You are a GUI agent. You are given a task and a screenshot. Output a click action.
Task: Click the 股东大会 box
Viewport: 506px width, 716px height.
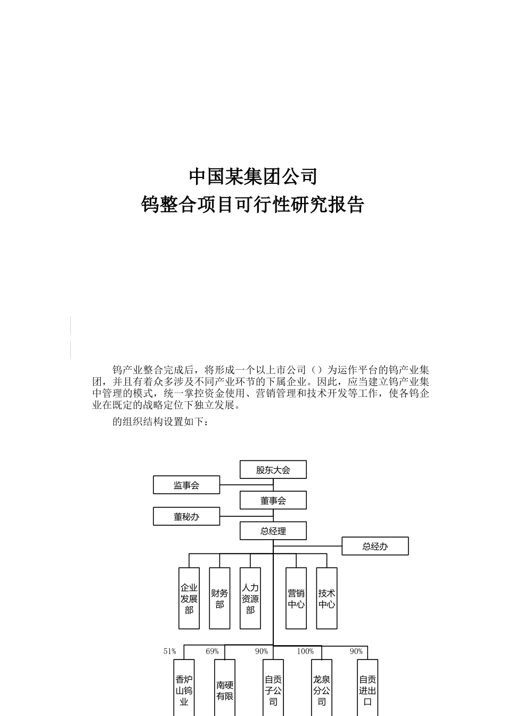(x=273, y=470)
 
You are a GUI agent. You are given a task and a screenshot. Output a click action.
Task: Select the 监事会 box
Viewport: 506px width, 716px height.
(x=186, y=485)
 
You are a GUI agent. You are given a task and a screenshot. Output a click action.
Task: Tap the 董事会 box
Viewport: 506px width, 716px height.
(x=273, y=500)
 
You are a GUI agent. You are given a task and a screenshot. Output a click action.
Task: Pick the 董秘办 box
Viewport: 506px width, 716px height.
(x=186, y=516)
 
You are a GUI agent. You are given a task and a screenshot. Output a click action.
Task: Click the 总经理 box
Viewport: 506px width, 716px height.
(x=273, y=531)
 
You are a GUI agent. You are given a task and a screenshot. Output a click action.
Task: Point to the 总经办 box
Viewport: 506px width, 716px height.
(x=375, y=546)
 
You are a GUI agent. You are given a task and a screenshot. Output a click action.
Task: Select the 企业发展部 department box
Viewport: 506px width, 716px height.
(x=189, y=598)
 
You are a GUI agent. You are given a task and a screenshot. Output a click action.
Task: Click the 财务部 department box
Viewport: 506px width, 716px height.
(x=220, y=598)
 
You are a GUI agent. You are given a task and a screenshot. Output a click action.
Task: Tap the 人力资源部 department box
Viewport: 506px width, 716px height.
(x=250, y=598)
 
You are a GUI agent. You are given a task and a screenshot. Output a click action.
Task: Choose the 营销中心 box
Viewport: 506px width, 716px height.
(x=296, y=598)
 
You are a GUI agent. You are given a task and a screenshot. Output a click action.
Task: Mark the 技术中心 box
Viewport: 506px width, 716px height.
(x=327, y=598)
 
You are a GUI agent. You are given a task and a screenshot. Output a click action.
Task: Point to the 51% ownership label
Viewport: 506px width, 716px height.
(x=170, y=652)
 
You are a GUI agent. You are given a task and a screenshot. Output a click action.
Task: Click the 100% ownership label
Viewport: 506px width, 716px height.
(x=305, y=652)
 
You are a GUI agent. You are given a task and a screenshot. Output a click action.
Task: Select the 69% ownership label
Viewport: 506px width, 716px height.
(x=212, y=652)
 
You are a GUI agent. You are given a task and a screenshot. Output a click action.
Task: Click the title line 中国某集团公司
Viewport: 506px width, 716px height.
(x=253, y=176)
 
